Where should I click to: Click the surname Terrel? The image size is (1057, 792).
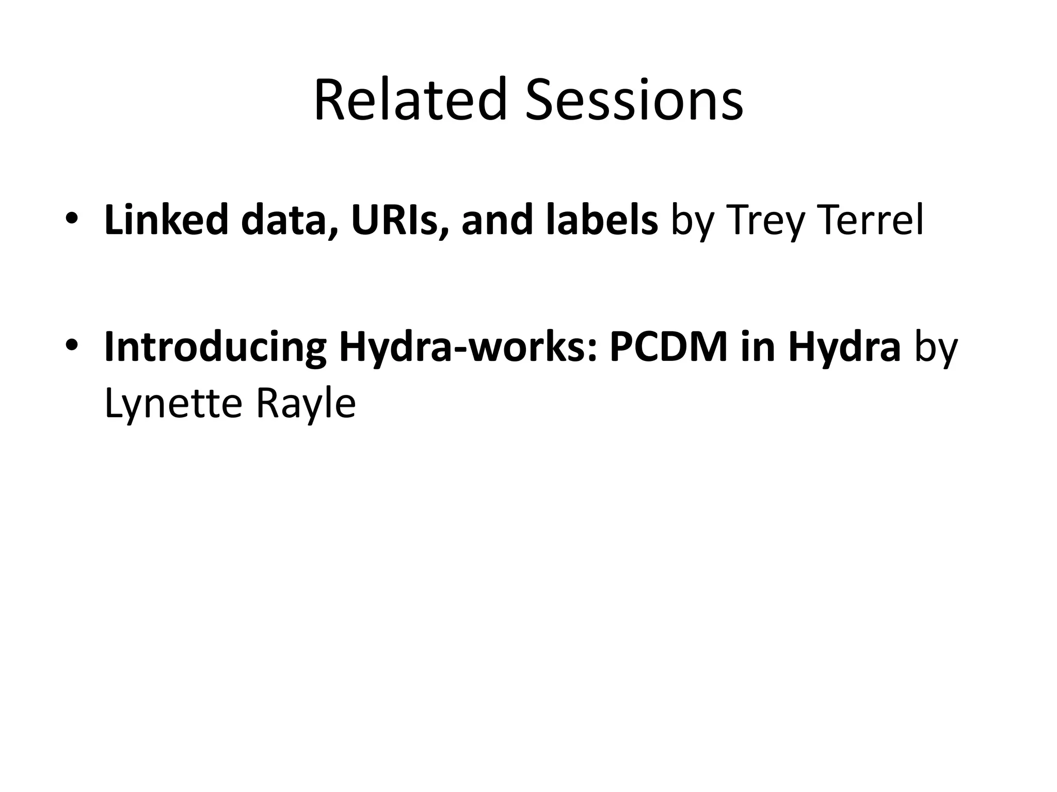tap(872, 220)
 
